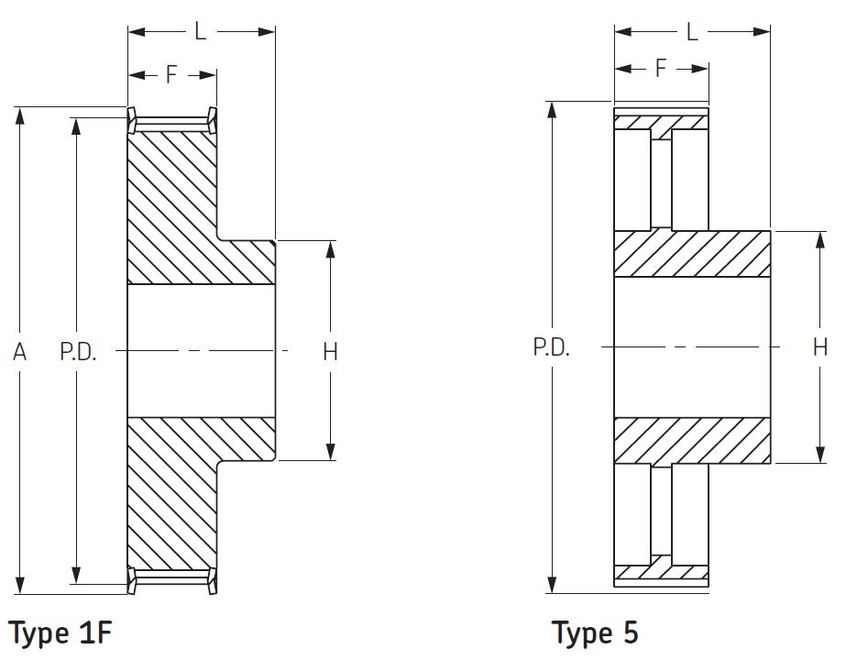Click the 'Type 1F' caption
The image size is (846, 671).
(x=60, y=632)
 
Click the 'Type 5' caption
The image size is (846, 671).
(x=595, y=632)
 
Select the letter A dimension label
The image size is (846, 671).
(x=19, y=352)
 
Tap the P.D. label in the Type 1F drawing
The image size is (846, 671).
(x=78, y=352)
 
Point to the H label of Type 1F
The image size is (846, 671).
(x=330, y=352)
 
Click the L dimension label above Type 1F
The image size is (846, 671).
(x=200, y=31)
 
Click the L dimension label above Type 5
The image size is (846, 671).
(x=692, y=32)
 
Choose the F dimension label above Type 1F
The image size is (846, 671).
(x=171, y=74)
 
